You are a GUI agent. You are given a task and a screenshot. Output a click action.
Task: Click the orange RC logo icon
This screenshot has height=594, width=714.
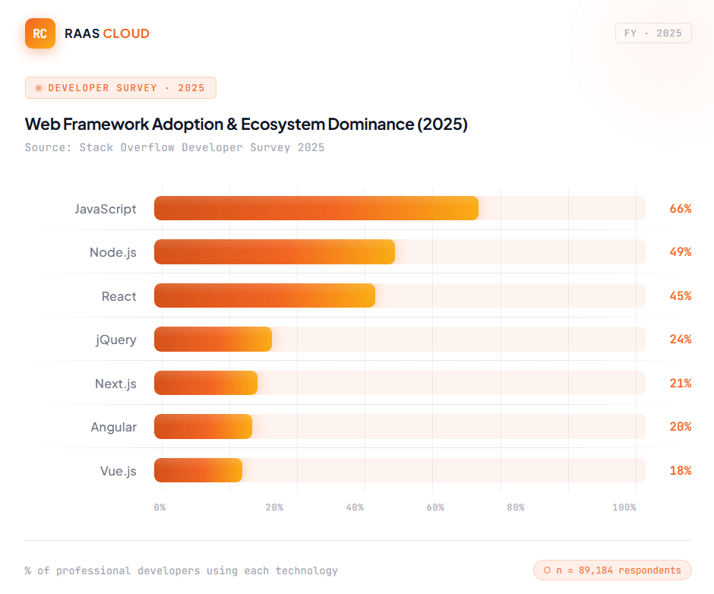[x=40, y=33]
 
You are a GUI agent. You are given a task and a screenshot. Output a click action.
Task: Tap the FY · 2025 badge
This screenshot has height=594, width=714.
[x=653, y=33]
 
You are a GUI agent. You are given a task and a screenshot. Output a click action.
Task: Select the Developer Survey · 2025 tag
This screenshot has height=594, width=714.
[x=121, y=88]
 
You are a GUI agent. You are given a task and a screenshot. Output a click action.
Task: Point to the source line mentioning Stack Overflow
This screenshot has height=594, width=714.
[x=175, y=147]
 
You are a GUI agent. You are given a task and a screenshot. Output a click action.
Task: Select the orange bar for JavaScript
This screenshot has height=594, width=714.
[x=316, y=208]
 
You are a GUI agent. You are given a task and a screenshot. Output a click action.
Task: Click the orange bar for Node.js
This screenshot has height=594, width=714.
[x=274, y=252]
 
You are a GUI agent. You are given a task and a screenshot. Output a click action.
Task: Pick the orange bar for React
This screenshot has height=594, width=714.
[x=264, y=295]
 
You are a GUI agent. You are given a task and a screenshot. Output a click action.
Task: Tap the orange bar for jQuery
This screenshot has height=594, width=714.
[x=213, y=340]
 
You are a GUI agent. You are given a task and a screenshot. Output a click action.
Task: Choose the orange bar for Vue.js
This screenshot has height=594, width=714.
[x=198, y=471]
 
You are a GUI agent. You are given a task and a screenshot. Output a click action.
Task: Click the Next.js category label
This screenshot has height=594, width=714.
[x=115, y=384]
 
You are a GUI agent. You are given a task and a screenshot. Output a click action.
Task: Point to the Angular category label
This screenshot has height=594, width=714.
[x=114, y=427]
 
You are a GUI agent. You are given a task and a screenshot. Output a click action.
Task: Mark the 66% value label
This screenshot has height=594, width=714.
[x=680, y=208]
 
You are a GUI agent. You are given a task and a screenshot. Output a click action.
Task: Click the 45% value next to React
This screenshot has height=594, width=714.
[x=680, y=295]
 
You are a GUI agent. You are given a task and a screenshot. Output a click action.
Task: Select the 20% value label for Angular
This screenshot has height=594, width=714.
[x=680, y=427]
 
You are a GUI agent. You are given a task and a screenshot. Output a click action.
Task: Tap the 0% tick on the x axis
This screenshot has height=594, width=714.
[x=160, y=507]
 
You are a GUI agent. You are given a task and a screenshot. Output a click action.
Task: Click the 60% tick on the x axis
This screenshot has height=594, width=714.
[x=435, y=507]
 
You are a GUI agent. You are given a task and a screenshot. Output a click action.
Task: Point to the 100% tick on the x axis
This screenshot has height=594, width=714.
[x=624, y=507]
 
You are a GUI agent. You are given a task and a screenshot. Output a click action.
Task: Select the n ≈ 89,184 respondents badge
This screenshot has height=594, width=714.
[x=612, y=570]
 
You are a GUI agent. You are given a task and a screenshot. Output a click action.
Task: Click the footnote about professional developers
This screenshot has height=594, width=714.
[x=181, y=570]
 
